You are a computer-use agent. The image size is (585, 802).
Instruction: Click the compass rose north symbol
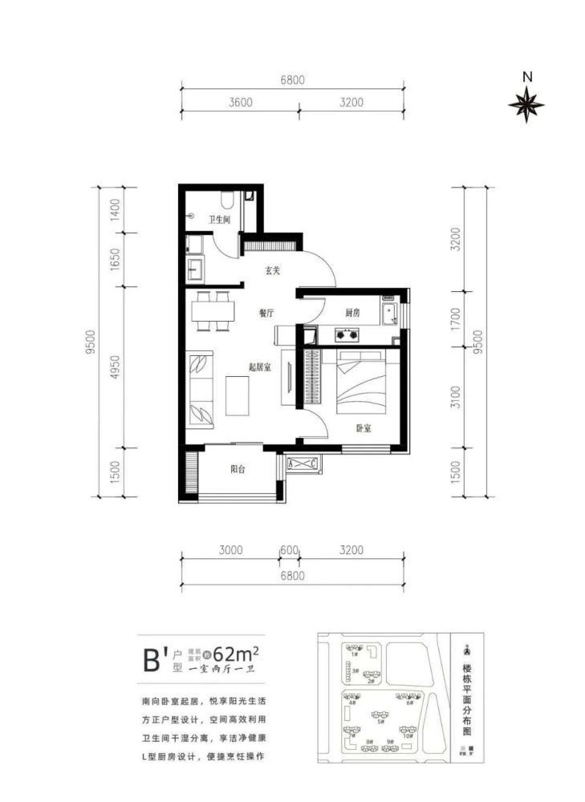(526, 104)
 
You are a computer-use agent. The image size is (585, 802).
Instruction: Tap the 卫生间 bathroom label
(220, 219)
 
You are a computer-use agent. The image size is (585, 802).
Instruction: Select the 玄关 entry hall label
(273, 270)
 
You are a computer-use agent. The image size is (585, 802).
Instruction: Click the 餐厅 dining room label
(266, 314)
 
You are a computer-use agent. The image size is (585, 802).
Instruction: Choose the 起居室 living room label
(258, 367)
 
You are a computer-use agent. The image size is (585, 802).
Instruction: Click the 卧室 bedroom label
(364, 427)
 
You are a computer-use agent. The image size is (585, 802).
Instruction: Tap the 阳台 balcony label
(238, 470)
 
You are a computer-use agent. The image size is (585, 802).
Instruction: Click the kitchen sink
(391, 314)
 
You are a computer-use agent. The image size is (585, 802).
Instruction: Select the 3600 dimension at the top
(240, 102)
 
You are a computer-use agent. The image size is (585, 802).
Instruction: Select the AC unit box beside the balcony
(303, 464)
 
